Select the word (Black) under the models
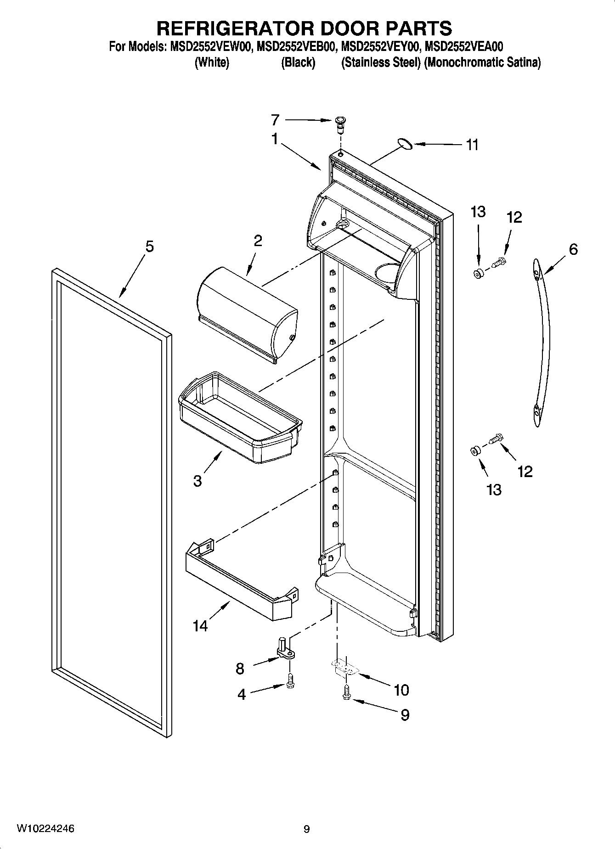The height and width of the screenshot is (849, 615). tap(298, 62)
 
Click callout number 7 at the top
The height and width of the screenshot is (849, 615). tap(275, 120)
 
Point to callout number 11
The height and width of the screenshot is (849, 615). tap(472, 145)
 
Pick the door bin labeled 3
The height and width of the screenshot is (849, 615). tap(239, 416)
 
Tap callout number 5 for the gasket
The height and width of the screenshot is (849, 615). tap(150, 247)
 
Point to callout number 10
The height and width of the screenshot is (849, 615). tap(401, 689)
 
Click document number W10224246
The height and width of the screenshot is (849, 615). tap(45, 828)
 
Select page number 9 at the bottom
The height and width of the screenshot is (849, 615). tap(306, 829)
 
